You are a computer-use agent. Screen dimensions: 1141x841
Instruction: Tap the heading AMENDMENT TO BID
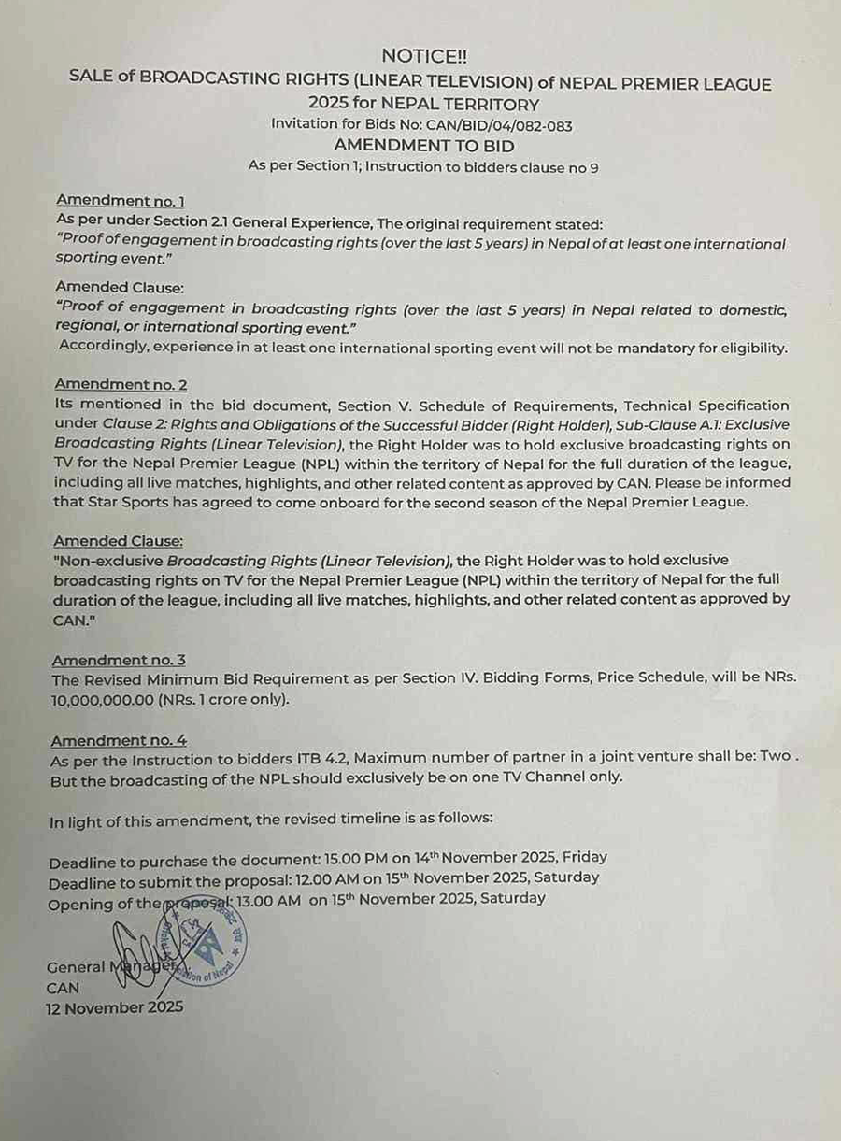coord(423,145)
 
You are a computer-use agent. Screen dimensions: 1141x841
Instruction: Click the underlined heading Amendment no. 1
coord(121,200)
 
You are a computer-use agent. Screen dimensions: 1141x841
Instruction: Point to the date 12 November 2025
coord(114,1007)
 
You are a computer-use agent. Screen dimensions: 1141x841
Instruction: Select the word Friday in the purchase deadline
coord(585,857)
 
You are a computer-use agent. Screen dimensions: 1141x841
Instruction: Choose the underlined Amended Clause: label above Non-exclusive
coord(118,541)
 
